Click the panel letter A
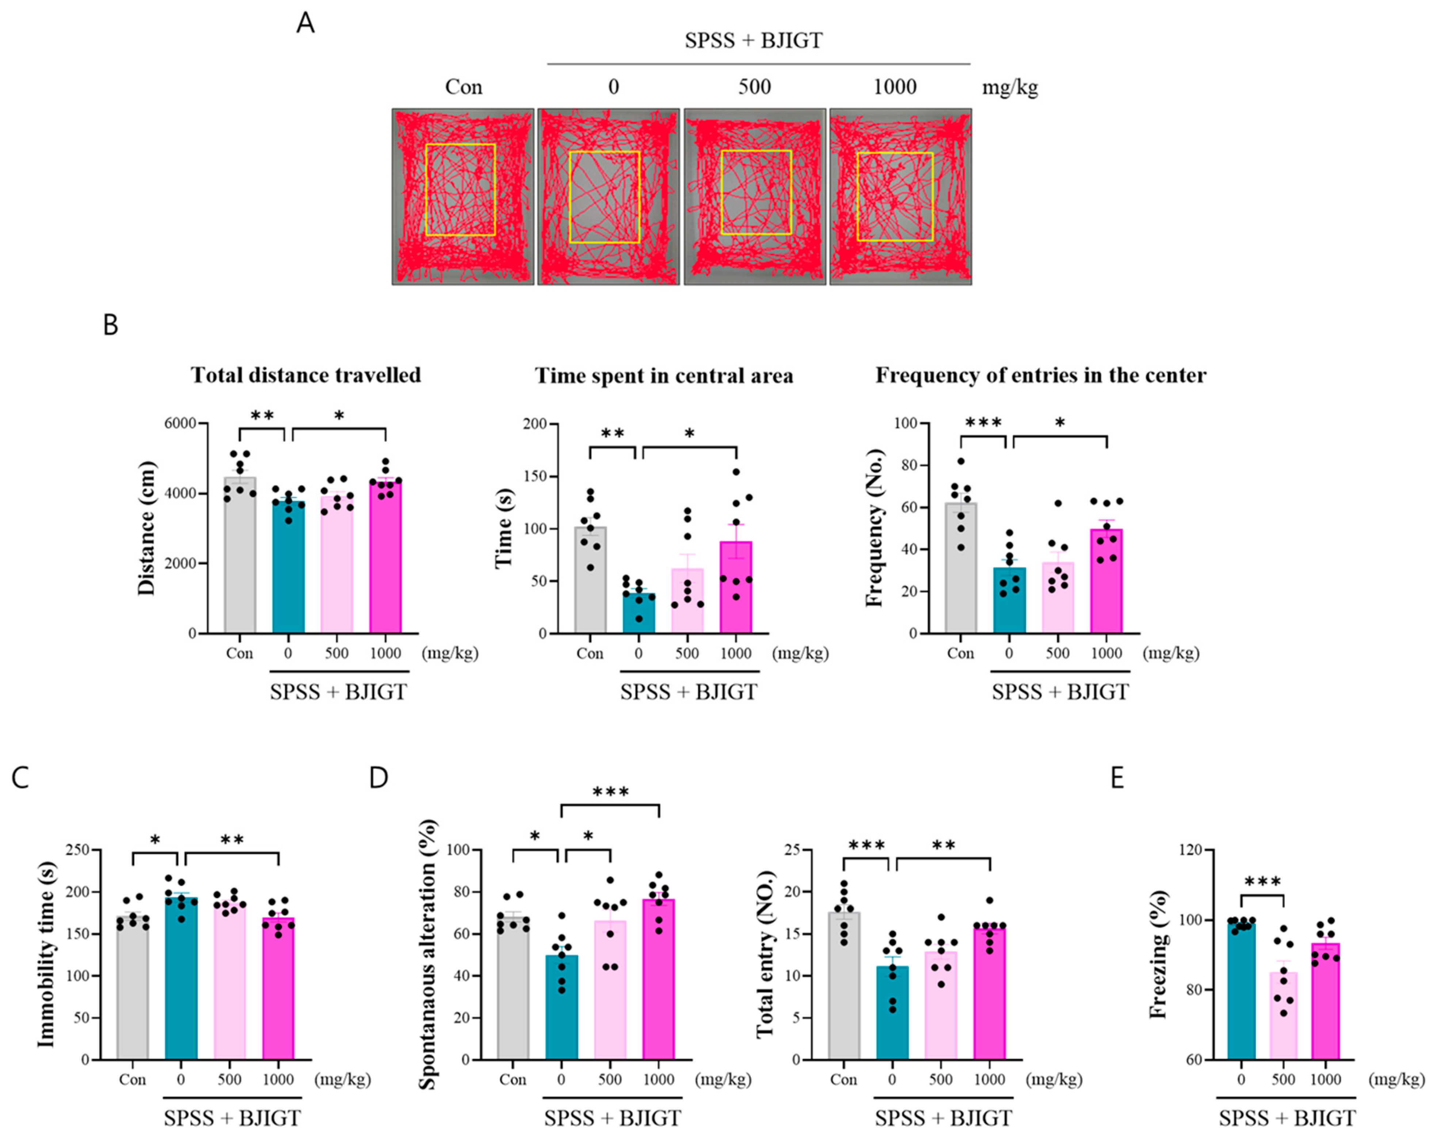(x=305, y=23)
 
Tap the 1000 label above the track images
(x=895, y=87)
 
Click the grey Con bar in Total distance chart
(x=240, y=560)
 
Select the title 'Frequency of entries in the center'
(x=1040, y=376)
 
